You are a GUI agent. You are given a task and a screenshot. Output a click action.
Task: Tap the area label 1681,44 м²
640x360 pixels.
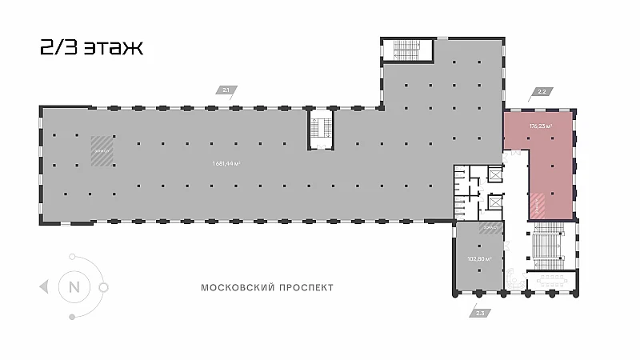226,164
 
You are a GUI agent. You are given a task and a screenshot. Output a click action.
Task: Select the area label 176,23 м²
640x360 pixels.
541,126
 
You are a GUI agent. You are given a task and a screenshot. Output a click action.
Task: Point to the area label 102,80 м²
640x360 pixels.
478,259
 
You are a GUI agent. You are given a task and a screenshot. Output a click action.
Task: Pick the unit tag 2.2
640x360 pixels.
541,92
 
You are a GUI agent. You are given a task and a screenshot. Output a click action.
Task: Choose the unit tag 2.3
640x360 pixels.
479,312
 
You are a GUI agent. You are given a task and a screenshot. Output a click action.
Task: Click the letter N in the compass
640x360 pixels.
74,286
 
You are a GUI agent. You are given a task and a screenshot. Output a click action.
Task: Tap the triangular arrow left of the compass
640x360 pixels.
43,286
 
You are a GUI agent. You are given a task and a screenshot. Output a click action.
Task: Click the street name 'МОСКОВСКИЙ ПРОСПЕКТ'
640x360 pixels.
268,286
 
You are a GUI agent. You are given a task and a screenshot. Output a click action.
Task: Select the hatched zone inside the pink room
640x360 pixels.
539,206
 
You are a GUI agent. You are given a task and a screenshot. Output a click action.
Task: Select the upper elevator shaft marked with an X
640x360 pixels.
494,174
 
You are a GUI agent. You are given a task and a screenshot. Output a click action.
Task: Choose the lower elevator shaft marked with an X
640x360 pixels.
494,202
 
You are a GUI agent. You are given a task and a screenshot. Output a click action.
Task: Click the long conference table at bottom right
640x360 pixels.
552,280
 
